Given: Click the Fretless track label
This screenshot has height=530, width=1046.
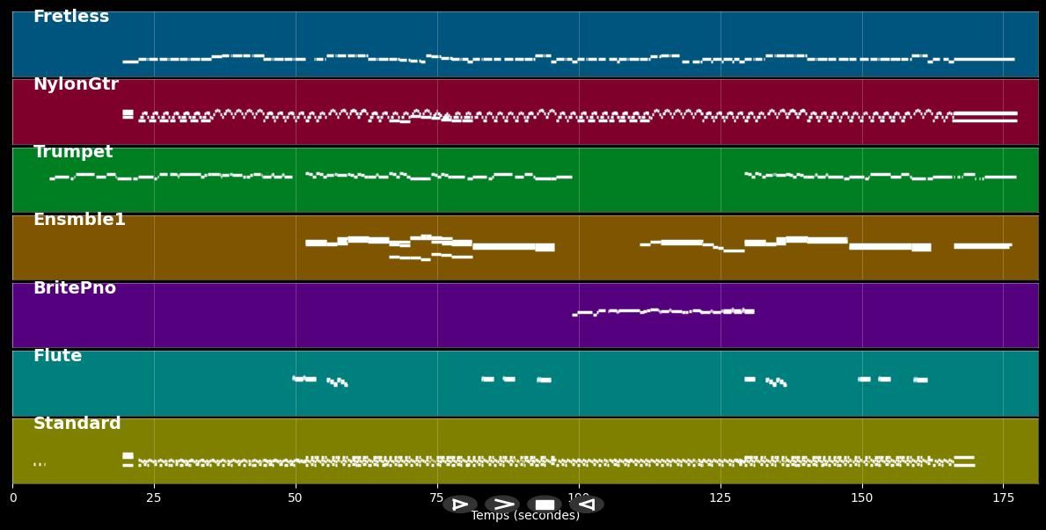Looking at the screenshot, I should point(71,17).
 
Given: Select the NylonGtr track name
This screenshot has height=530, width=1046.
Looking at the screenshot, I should point(76,84).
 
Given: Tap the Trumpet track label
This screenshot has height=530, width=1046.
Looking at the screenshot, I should point(73,152).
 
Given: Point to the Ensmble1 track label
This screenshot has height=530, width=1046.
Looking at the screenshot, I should point(79,220).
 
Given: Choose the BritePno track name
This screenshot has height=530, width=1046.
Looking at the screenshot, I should point(75,288).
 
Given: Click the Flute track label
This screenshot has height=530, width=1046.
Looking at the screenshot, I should point(57,356).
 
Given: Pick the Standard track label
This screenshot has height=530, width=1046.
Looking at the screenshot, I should point(77,424).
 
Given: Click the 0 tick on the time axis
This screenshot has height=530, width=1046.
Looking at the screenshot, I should point(12,498).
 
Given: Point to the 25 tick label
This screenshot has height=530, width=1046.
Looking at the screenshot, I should point(154,498).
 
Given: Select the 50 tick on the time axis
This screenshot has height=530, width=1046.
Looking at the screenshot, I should point(296,498).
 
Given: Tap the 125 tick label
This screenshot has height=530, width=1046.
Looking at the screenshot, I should point(720,498).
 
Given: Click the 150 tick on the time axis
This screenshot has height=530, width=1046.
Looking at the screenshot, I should point(862,498).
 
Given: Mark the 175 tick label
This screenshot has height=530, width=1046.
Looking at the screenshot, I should point(1004,498).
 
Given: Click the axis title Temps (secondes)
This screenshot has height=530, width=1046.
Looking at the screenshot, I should point(525,516).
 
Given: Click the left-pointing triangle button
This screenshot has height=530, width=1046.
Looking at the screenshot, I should point(586,505).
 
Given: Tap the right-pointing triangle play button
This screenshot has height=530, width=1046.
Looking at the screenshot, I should point(460,505).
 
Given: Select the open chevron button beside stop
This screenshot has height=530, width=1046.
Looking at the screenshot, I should point(502,505).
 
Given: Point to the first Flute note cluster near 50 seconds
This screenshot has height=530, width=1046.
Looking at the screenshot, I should point(304,379).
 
